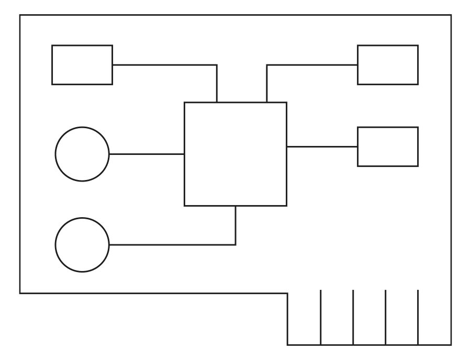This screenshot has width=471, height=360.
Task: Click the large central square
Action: [x=235, y=154]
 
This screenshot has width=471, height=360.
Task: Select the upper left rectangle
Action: [x=82, y=65]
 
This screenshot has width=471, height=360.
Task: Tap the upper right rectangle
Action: [x=388, y=65]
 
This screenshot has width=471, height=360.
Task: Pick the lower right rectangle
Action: [x=388, y=147]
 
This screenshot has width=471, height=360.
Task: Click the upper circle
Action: [x=82, y=154]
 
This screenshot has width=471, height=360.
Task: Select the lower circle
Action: [x=82, y=244]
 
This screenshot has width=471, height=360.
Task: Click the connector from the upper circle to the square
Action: [x=147, y=154]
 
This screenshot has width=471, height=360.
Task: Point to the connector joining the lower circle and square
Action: [x=173, y=244]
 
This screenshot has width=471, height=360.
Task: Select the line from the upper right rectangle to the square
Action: [x=311, y=65]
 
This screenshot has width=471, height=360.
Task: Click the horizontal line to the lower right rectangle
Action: [x=322, y=147]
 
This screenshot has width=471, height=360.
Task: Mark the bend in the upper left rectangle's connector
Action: [x=217, y=65]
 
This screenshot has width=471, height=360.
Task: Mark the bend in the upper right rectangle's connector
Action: [x=267, y=65]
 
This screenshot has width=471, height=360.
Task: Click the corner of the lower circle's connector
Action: [x=235, y=244]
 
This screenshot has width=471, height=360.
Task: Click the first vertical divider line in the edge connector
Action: [x=320, y=317]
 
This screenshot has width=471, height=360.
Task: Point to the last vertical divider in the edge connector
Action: [x=418, y=317]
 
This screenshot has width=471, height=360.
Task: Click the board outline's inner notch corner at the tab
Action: [x=287, y=293]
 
